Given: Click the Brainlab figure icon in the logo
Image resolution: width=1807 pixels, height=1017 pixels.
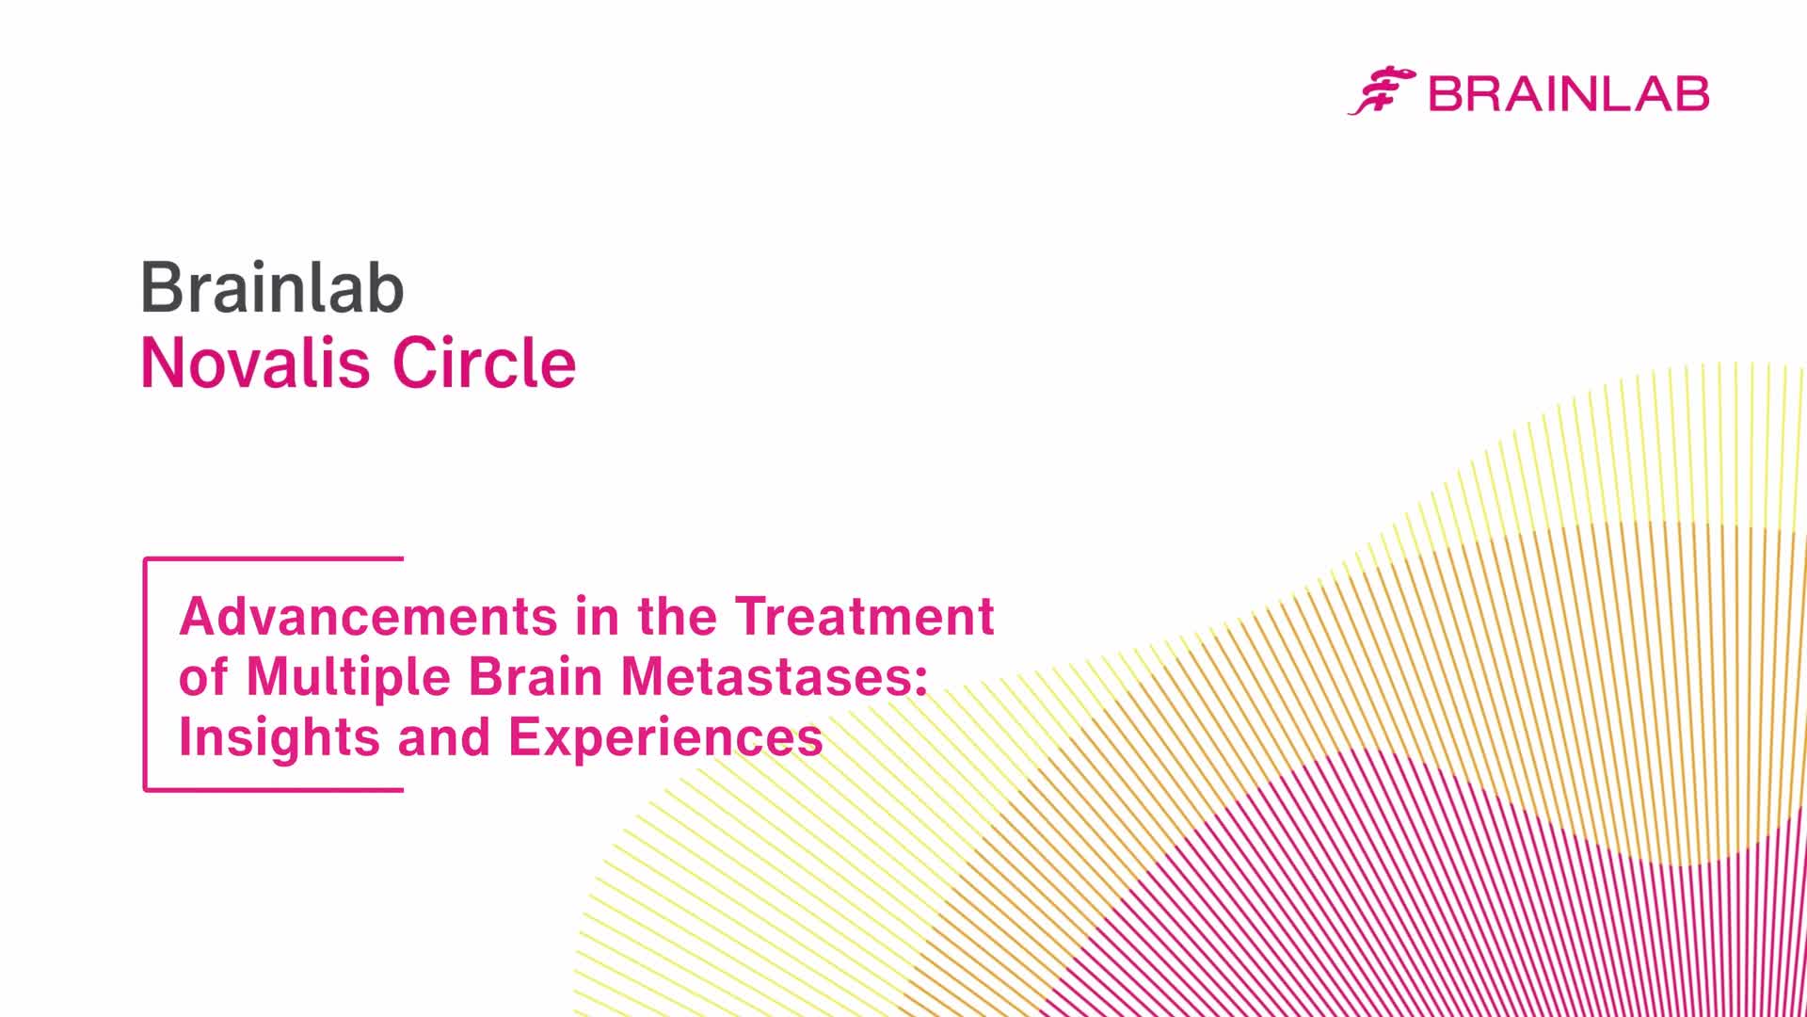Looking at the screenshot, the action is click(x=1382, y=91).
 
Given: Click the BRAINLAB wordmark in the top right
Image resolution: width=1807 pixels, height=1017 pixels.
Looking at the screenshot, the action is click(x=1569, y=94).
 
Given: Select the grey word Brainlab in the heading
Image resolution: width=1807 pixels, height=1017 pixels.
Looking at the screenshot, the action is click(x=273, y=287).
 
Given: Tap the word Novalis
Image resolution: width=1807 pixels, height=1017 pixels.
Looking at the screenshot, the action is click(x=256, y=363).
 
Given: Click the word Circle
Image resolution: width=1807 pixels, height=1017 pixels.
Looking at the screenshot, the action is click(x=484, y=363).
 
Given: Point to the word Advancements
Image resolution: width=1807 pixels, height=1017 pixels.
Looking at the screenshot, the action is click(x=369, y=617).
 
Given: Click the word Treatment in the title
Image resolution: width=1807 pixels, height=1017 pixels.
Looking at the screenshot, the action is click(x=864, y=617).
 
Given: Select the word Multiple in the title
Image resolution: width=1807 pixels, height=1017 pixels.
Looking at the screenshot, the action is click(x=348, y=677).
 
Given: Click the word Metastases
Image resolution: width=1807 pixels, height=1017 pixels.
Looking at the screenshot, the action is click(x=765, y=677).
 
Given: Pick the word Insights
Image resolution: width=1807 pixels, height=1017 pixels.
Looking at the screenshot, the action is click(x=280, y=737).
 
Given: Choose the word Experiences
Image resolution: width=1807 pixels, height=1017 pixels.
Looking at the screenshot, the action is click(x=666, y=737).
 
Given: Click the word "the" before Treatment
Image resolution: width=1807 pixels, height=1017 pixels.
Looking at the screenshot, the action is click(x=677, y=617).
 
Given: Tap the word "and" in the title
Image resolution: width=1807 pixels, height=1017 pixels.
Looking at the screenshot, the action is click(x=444, y=737).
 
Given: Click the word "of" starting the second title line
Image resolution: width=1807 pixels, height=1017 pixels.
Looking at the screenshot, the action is click(x=203, y=677).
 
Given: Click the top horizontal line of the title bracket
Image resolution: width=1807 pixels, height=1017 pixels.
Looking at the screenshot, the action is click(x=274, y=558).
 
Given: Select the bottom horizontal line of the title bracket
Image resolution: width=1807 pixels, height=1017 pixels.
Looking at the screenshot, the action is click(x=274, y=789).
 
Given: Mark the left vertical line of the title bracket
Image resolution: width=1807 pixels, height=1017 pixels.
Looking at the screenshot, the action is click(x=145, y=674).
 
